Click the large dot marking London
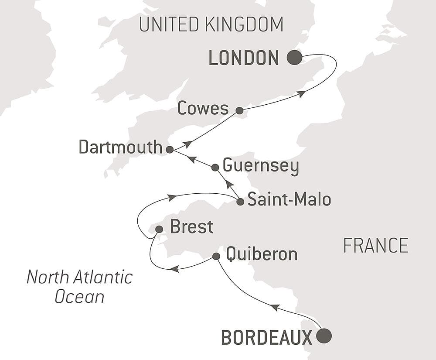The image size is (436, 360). click(x=294, y=57)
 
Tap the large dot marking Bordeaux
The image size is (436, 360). click(x=324, y=336)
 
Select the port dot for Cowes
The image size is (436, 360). click(x=239, y=110)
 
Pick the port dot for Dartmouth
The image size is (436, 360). click(x=170, y=149)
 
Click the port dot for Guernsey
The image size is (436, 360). click(x=215, y=167)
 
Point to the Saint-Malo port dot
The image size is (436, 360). click(x=240, y=202)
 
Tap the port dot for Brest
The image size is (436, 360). click(x=159, y=229)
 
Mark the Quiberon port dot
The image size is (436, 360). click(x=216, y=256)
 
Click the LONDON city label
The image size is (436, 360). click(x=244, y=58)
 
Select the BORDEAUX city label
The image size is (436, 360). click(x=266, y=337)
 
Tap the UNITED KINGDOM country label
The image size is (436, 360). click(x=211, y=24)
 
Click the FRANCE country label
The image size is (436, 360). click(x=375, y=246)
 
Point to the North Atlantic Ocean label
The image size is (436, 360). click(x=79, y=287)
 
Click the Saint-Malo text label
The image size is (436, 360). click(x=289, y=200)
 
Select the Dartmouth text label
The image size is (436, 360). click(x=120, y=147)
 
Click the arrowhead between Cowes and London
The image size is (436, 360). click(x=301, y=94)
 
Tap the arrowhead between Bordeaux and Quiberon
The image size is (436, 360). click(x=274, y=308)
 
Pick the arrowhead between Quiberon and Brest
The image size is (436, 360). click(x=174, y=269)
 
